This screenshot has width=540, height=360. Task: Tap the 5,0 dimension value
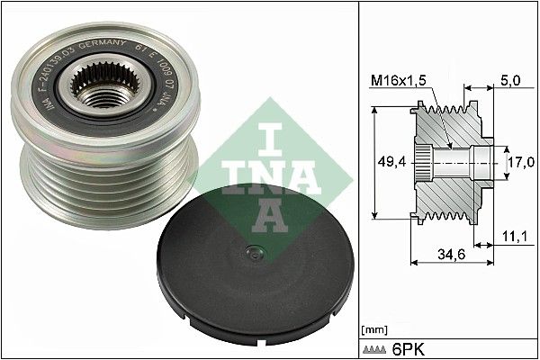tap(509, 80)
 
